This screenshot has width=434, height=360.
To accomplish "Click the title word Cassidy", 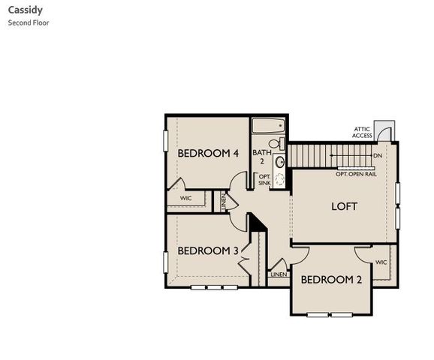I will (x=25, y=11).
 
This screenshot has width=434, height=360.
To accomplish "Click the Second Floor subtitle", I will (x=29, y=22).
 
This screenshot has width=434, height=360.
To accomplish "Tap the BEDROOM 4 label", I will (x=208, y=153).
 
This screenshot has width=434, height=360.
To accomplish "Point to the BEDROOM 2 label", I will (x=331, y=280).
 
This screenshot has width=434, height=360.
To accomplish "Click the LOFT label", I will (x=344, y=206).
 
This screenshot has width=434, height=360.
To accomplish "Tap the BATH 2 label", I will (x=261, y=157).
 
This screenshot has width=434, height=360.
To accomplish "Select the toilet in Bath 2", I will (x=276, y=142).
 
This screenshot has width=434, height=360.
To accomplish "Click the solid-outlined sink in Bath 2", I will (x=280, y=160).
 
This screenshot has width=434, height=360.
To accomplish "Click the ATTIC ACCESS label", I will (x=362, y=133).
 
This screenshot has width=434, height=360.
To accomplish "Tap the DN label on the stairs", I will (x=378, y=155).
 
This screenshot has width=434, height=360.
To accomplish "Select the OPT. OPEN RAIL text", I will (x=356, y=174).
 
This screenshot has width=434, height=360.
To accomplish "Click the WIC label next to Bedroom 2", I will (x=381, y=262).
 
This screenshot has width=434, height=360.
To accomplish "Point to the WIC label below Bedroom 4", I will (x=186, y=199).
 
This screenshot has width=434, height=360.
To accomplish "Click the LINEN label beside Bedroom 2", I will (x=279, y=275).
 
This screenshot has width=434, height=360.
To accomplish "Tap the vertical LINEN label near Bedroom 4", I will (x=223, y=200).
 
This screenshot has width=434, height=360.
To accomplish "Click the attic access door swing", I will (x=384, y=133).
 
